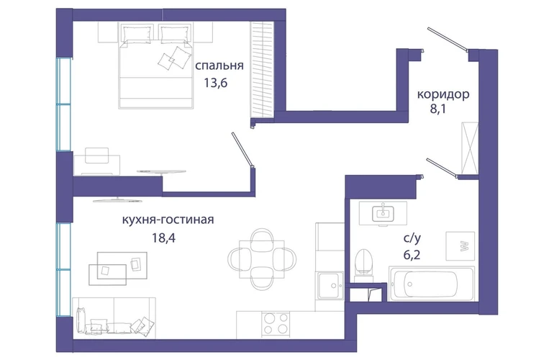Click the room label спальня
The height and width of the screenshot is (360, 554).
click(x=219, y=66)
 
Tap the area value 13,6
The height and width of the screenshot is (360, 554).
click(x=215, y=83)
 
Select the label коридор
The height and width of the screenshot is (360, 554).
click(x=443, y=95)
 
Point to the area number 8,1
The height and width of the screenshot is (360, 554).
click(x=438, y=109)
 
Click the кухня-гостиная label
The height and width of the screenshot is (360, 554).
click(x=168, y=220)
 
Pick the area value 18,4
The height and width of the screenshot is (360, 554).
click(x=163, y=238)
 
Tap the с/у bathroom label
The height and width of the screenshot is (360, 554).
click(x=412, y=238)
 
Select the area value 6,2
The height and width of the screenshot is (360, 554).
click(x=412, y=254)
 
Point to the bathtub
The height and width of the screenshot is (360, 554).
click(x=432, y=284)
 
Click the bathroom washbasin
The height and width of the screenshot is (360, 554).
click(x=383, y=213)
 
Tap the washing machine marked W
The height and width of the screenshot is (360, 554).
click(x=460, y=246)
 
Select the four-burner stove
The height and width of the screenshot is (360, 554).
click(x=276, y=323)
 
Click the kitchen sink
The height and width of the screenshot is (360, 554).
click(x=330, y=286)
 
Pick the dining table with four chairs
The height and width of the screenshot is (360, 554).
click(x=262, y=259)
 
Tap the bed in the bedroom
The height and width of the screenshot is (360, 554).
click(x=157, y=66)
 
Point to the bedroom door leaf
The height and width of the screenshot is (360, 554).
click(x=242, y=149)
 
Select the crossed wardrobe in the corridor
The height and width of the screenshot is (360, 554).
click(x=470, y=148)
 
